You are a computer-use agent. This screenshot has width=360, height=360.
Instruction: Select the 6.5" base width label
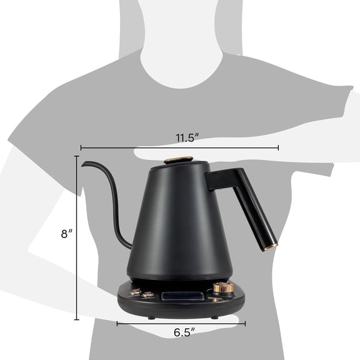182,332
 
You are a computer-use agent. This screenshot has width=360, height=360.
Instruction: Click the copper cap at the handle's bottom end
269,248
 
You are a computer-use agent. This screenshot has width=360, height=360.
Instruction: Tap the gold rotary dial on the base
223,288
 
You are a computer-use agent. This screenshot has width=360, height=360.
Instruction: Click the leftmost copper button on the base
135,292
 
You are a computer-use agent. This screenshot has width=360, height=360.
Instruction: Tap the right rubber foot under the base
214,316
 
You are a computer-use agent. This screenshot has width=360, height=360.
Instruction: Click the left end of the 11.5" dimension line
81,148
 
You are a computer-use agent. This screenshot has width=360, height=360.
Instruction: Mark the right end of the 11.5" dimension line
278,148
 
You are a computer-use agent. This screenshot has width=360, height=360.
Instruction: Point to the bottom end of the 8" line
77,319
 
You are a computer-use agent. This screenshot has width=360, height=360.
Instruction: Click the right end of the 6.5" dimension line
245,323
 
